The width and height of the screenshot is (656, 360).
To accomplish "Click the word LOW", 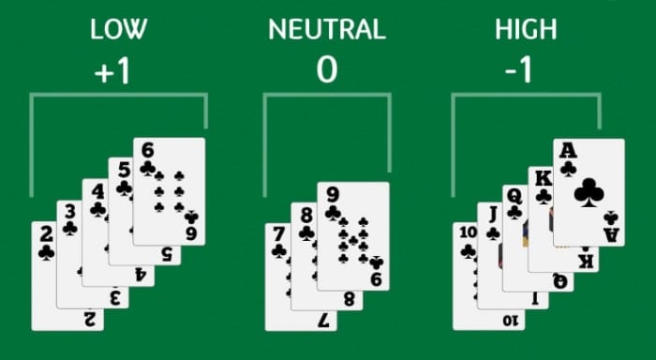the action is coord(118,29).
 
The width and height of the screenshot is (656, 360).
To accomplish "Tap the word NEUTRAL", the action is coord(327,29).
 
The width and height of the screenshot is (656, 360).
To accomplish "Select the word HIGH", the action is coord(526,29).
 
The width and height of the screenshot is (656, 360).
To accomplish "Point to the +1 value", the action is coord(112,71).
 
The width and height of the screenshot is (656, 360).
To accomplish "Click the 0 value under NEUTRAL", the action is coord(327,70).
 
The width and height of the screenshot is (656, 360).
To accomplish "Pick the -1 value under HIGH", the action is coord(518,70).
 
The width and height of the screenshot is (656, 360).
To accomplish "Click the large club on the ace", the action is coord(589,193).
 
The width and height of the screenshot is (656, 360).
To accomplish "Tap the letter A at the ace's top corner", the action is coord(568,150).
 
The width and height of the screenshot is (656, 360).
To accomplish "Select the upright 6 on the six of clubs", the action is coord(147,150).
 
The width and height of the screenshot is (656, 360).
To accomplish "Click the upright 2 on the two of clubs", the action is coord(47,234).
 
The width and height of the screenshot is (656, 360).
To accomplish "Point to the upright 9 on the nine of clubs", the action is coord(333,195).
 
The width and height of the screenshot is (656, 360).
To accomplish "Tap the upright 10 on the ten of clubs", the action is coord(468,232).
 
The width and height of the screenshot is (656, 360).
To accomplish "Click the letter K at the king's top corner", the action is coord(544,179).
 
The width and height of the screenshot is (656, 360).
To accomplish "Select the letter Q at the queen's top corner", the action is coord(514,196).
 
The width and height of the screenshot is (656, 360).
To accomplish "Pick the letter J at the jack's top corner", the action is coord(493,215).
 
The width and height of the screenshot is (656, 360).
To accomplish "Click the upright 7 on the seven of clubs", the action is coord(278,235).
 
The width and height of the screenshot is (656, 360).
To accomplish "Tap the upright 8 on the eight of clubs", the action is coord(306,216).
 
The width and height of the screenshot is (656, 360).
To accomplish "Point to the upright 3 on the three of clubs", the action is coord(70,212).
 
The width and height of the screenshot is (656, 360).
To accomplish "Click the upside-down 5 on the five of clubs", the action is coord(167,254).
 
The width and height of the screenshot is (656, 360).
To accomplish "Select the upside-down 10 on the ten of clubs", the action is coord(511,321).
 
